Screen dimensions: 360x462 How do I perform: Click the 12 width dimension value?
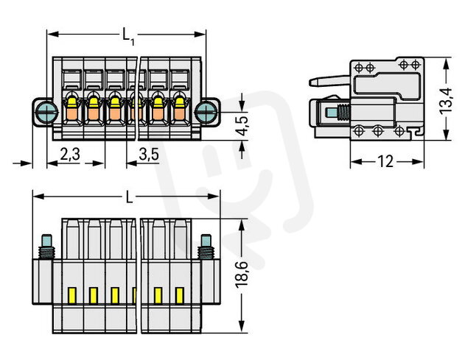click(385, 161)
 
